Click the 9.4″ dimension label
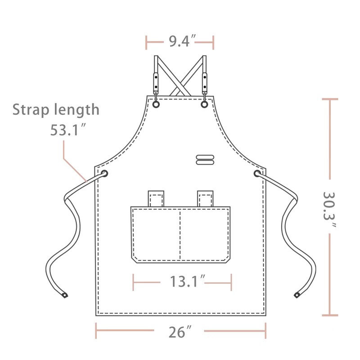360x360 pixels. [182, 41]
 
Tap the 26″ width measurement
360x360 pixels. [180, 332]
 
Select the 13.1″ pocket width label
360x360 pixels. [187, 282]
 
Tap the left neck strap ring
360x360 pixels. [156, 104]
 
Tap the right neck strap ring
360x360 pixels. [204, 104]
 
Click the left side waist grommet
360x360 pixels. [104, 173]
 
